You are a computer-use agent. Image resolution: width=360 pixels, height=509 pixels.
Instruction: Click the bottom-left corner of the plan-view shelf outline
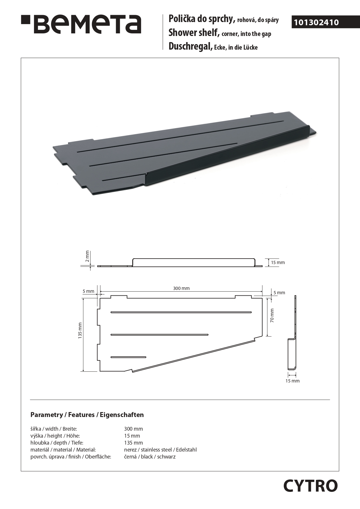click(100, 371)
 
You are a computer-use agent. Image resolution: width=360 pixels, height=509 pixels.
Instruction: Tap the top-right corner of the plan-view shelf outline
click(262, 298)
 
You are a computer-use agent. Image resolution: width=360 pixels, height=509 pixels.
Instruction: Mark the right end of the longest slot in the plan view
click(251, 312)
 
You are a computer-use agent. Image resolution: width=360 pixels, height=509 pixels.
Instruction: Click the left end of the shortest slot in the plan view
click(111, 357)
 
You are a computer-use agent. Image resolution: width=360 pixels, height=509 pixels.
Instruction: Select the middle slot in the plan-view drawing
click(160, 335)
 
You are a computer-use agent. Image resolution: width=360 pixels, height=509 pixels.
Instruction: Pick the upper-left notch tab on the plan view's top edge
click(119, 297)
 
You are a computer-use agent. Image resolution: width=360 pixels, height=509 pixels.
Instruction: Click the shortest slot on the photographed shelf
click(123, 178)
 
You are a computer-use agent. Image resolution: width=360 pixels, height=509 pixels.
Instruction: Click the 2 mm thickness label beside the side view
click(87, 256)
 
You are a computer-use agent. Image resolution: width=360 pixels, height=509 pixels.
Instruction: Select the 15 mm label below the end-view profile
click(292, 381)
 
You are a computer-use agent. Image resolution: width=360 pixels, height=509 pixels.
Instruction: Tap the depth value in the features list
click(133, 443)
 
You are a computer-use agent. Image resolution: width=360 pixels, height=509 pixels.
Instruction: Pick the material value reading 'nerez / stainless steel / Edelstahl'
click(160, 450)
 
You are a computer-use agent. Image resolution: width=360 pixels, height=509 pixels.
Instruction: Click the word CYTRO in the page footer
click(310, 486)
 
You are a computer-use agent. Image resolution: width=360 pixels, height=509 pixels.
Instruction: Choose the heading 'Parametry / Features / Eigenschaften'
click(87, 415)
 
